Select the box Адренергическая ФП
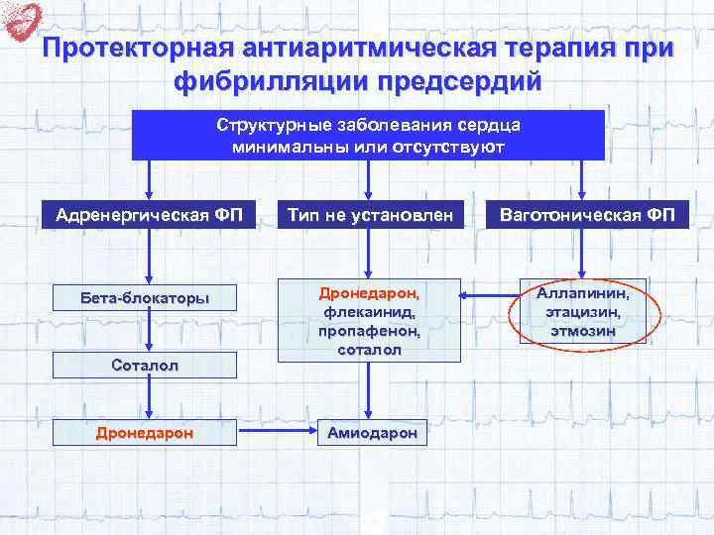[149, 215]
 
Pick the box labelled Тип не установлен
[370, 215]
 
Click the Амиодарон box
[369, 433]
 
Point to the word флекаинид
[369, 313]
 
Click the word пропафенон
[369, 332]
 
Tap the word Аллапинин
[583, 293]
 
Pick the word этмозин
[583, 330]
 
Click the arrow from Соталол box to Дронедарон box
[148, 398]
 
